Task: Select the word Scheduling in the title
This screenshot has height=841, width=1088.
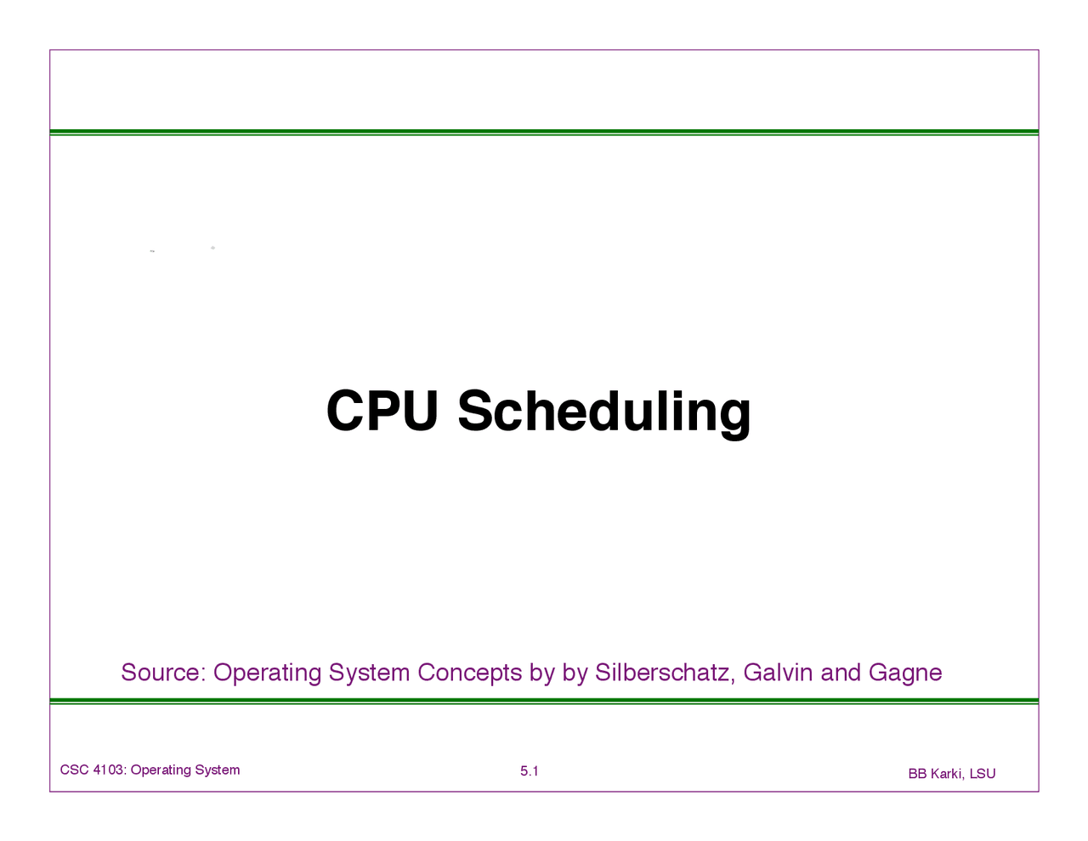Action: (604, 415)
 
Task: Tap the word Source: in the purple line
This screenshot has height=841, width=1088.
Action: (164, 672)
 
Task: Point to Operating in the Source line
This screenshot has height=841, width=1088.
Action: (267, 673)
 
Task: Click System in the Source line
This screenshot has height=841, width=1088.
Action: (369, 673)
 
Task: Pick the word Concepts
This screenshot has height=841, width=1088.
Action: (470, 673)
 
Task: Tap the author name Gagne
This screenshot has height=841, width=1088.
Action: (905, 673)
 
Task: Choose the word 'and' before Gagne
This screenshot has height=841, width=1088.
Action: (840, 672)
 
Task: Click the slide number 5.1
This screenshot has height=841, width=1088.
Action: (529, 771)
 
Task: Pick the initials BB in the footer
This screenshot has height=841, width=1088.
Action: (917, 774)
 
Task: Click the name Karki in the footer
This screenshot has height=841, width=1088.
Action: (948, 774)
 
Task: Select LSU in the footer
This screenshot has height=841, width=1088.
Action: (983, 774)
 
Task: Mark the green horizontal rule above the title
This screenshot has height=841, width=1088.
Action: (544, 133)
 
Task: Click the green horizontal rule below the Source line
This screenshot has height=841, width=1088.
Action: (544, 702)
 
